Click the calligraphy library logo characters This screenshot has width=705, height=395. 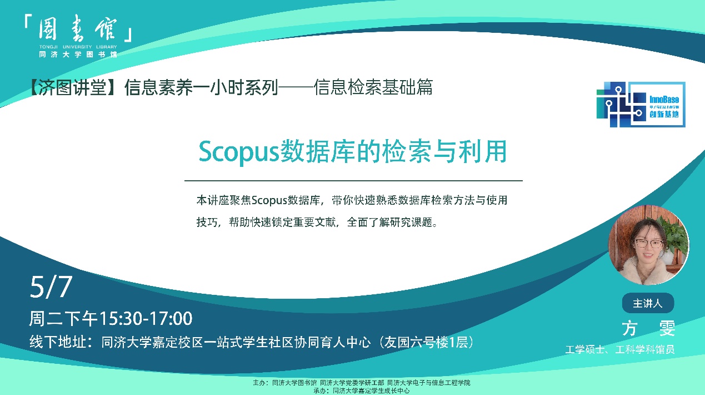(x=78, y=28)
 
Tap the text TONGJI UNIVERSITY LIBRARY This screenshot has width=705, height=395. (x=78, y=47)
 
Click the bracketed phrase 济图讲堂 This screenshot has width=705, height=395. (x=73, y=87)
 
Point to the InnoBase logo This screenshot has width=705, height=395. (x=641, y=105)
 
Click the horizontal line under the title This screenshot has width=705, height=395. (x=353, y=181)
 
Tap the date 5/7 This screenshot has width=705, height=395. (x=51, y=287)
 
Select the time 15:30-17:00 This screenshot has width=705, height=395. (x=146, y=318)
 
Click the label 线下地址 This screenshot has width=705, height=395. (x=57, y=342)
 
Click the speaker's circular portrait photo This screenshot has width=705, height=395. (x=649, y=245)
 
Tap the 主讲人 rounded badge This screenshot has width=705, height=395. (x=648, y=303)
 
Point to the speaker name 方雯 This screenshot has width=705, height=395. (x=648, y=328)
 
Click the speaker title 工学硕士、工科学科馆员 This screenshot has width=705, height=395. (x=619, y=349)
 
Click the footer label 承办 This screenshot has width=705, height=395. (x=321, y=391)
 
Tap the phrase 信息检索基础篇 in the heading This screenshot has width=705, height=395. (x=373, y=87)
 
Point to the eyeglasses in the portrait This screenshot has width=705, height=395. (x=649, y=244)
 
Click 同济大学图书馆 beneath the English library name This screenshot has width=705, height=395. (x=78, y=54)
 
